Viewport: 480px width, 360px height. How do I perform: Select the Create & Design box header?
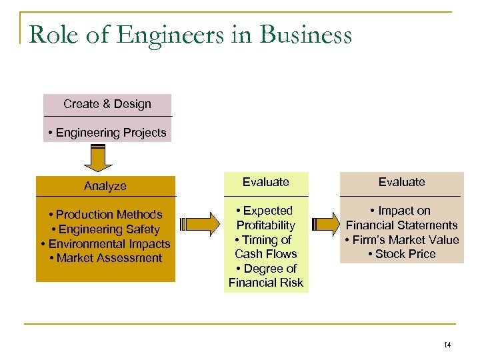[x=107, y=104]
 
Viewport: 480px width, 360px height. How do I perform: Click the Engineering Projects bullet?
[x=107, y=133]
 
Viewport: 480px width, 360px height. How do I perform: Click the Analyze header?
[x=105, y=186]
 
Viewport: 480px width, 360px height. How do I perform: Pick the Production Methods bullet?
[x=106, y=215]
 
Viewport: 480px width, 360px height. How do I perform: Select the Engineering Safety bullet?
[x=106, y=229]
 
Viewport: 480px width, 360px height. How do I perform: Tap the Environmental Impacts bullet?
[x=106, y=244]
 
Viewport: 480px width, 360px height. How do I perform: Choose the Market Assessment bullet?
[x=106, y=258]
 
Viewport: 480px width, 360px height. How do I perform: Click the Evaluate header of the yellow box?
[x=265, y=182]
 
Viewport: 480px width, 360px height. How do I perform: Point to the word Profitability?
[x=265, y=225]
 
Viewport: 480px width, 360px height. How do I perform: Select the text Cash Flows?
[x=265, y=254]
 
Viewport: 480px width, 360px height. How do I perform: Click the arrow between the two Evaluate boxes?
[x=325, y=225]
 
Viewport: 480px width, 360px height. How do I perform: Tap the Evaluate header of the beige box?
[x=401, y=182]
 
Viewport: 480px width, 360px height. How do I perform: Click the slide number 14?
[x=447, y=345]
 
